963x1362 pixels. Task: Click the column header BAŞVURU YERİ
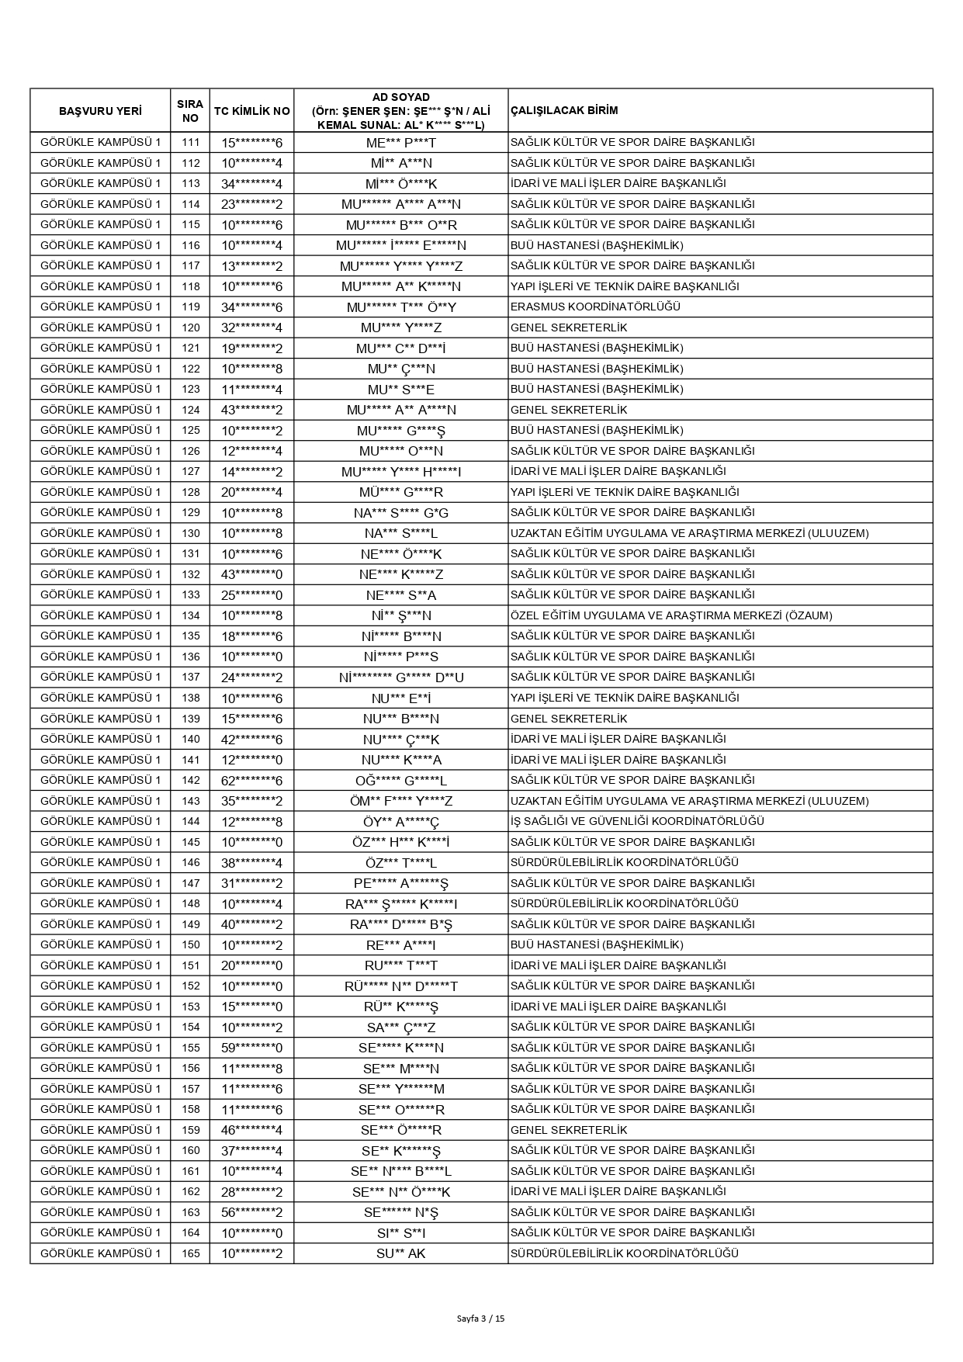click(100, 111)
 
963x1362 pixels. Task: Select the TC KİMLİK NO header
click(251, 111)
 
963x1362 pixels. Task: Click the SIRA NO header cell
click(190, 111)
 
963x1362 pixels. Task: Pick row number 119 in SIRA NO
click(190, 307)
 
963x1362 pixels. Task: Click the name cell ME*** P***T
click(400, 143)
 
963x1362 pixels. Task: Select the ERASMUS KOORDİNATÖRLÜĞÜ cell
click(595, 307)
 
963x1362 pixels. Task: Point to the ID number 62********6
click(251, 780)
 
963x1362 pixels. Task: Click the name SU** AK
click(400, 1253)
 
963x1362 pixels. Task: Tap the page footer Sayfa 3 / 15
click(481, 1318)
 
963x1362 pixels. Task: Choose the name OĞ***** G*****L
click(400, 780)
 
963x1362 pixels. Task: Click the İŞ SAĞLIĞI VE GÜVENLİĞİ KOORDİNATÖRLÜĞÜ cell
click(637, 821)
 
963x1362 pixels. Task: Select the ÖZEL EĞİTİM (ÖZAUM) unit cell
click(670, 615)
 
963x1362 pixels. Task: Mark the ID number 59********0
click(251, 1048)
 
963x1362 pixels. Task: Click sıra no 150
click(190, 944)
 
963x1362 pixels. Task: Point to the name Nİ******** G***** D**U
click(400, 678)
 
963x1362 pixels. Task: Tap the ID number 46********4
click(251, 1130)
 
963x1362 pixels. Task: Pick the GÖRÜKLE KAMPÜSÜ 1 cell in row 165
click(100, 1253)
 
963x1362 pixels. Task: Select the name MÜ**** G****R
click(400, 492)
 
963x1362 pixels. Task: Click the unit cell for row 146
click(624, 862)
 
